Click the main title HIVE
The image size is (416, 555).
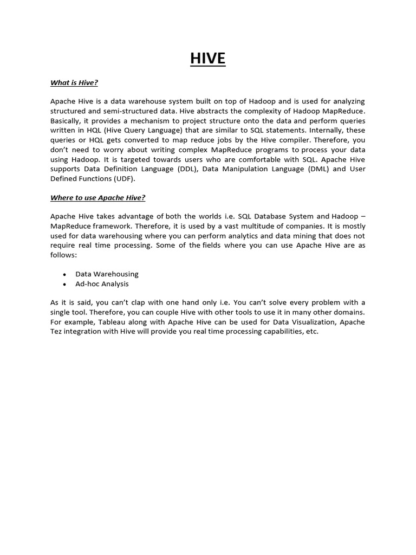207,59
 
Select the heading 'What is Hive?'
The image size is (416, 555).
74,82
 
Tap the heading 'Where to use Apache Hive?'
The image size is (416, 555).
97,198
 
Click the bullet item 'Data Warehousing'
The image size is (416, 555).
107,274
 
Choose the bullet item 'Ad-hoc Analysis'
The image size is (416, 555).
102,284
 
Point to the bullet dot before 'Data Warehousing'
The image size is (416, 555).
64,275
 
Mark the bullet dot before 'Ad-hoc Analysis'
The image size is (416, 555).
64,285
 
